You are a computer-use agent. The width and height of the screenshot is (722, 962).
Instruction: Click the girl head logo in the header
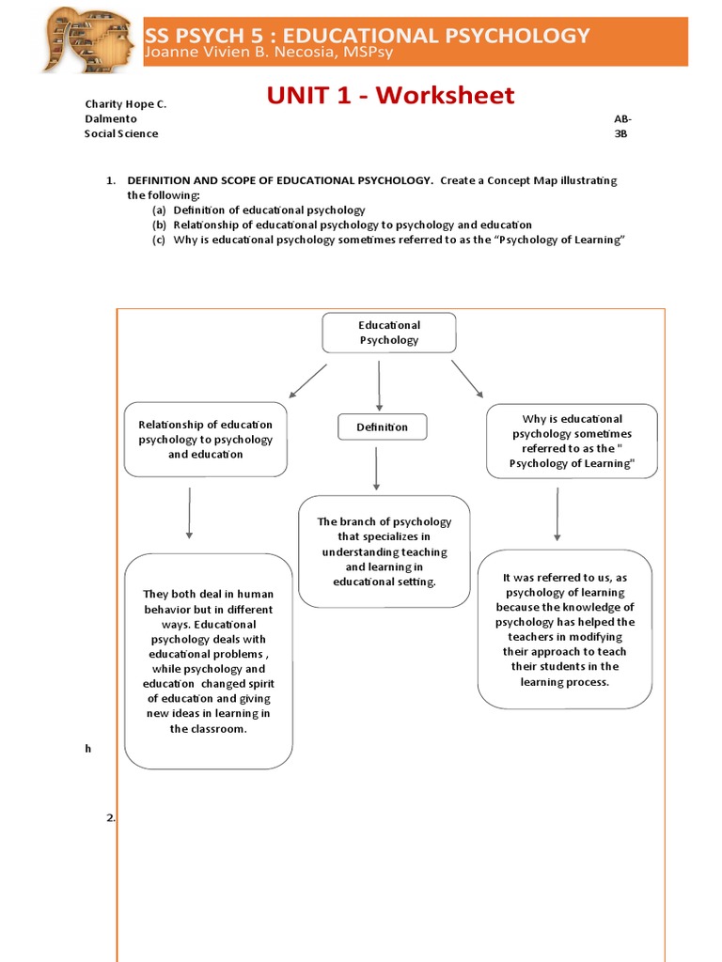[x=90, y=39]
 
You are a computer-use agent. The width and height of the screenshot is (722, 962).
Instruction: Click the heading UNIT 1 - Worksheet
[x=390, y=95]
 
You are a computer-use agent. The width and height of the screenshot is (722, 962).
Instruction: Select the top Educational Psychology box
[x=389, y=333]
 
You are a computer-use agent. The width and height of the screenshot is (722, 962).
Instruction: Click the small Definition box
[x=382, y=427]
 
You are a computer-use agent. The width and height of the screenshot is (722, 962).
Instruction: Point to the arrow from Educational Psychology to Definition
[x=379, y=385]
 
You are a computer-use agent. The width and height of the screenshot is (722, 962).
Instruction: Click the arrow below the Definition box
[x=376, y=468]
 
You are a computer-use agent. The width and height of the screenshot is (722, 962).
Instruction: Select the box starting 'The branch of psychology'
[x=384, y=551]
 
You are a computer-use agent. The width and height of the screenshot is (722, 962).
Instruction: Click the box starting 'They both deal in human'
[x=209, y=660]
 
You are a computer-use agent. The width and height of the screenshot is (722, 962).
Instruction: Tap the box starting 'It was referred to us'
[x=565, y=628]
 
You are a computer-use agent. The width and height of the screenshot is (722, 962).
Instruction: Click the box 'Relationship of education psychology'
[x=206, y=440]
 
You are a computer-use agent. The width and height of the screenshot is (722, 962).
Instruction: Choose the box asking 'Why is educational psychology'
[x=572, y=442]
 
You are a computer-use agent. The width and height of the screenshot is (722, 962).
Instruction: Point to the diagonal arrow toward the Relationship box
[x=307, y=380]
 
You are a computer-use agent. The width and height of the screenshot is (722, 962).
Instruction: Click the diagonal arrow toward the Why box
[x=467, y=379]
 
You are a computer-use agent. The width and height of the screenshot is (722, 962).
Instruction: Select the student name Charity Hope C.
[x=126, y=104]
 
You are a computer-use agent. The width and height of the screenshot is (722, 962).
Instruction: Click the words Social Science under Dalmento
[x=121, y=133]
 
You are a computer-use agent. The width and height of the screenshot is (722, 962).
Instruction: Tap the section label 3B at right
[x=620, y=133]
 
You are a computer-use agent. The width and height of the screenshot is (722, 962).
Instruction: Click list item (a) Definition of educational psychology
[x=259, y=210]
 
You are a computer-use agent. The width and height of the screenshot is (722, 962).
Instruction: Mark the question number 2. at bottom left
[x=111, y=818]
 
